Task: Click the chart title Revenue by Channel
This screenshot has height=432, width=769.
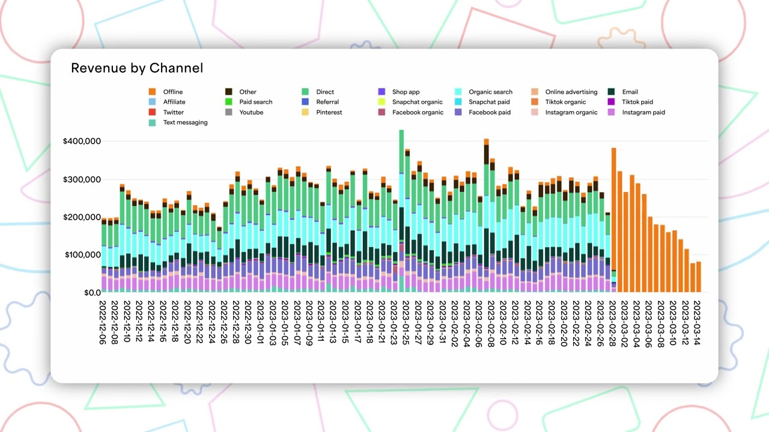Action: coord(137,68)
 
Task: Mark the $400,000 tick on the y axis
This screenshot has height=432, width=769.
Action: coord(82,141)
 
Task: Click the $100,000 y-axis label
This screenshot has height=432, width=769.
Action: coord(82,255)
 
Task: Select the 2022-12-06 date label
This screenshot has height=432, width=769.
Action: coord(103,323)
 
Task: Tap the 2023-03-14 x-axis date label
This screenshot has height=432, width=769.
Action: coord(698,323)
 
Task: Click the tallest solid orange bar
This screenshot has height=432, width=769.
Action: coord(613,222)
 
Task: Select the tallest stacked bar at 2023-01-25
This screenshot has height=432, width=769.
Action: coord(401,210)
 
